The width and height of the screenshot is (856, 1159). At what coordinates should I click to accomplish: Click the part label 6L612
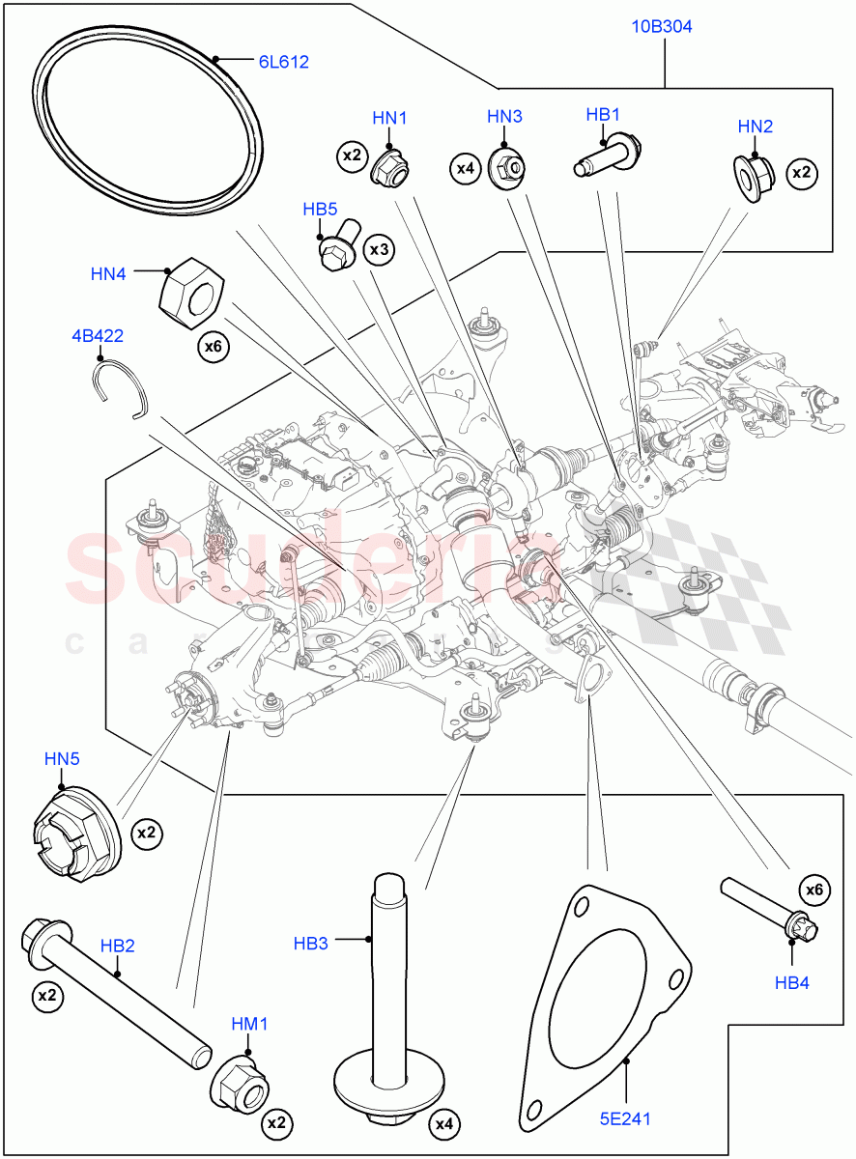click(283, 62)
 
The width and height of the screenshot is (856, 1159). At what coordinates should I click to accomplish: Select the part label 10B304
click(662, 27)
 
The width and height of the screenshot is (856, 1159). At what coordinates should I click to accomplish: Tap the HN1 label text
click(389, 118)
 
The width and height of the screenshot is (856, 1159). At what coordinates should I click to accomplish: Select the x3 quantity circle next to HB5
click(379, 250)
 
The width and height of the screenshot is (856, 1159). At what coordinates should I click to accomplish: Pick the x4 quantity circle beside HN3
click(466, 169)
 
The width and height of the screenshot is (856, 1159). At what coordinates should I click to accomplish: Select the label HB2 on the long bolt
click(117, 946)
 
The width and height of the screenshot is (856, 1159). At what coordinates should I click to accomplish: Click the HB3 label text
click(311, 943)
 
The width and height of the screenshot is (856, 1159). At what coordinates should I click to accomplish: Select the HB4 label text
click(792, 982)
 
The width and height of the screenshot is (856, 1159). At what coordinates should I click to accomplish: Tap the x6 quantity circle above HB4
click(814, 890)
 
